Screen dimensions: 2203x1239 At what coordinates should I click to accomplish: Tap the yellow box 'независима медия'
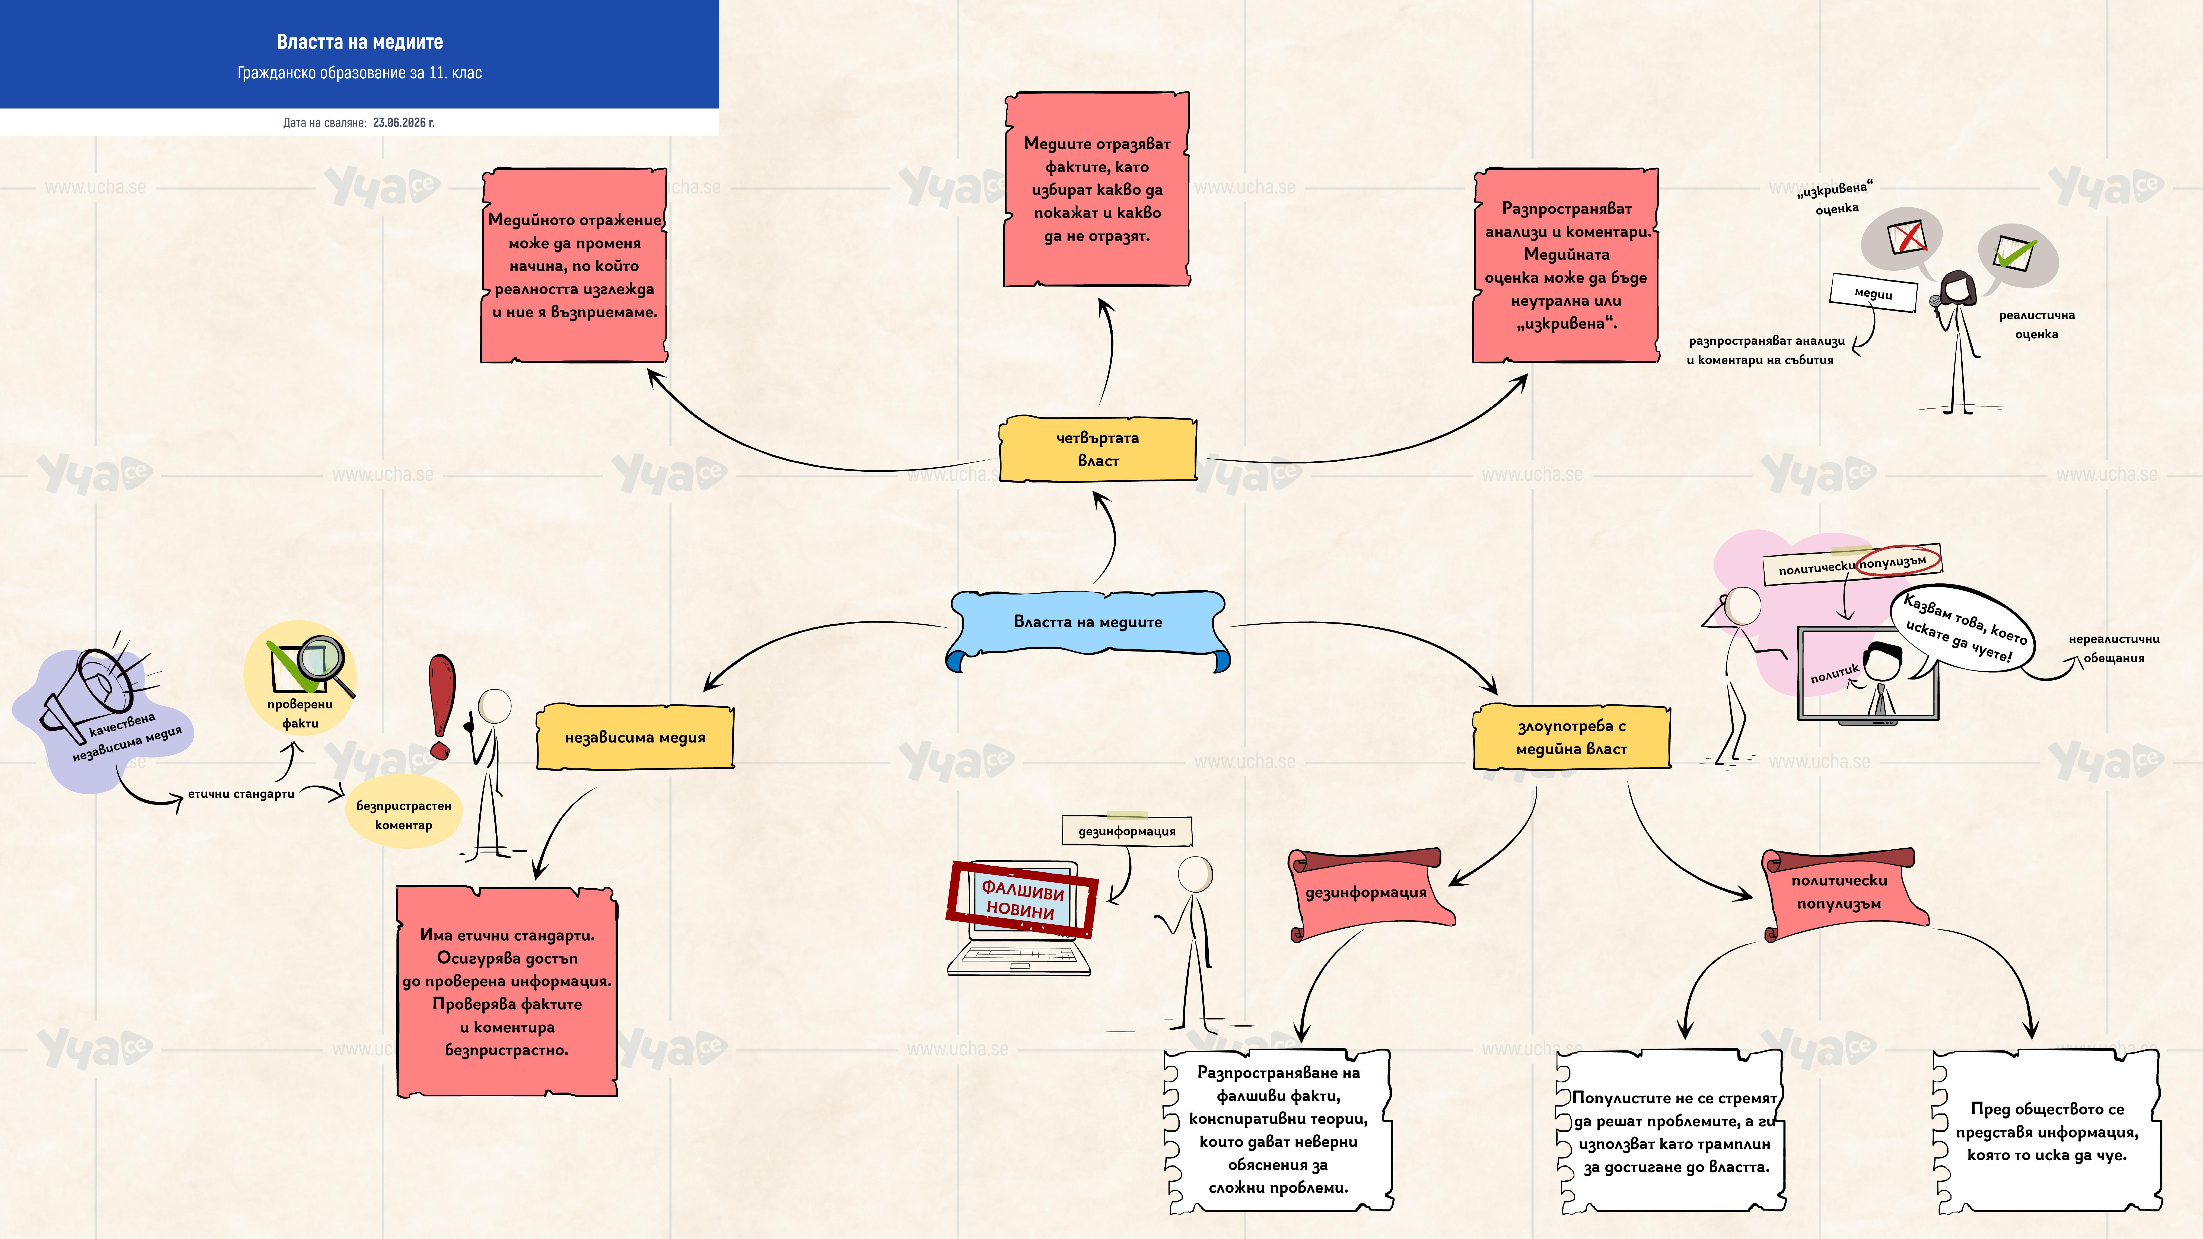coord(635,737)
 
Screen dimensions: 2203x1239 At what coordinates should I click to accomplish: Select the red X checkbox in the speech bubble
coord(1906,237)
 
